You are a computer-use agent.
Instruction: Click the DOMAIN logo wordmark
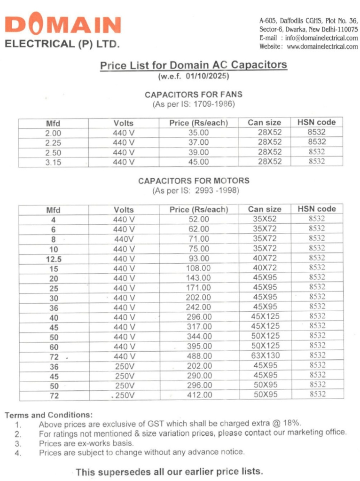[x=63, y=25]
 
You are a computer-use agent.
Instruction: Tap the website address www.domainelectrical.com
[x=322, y=47]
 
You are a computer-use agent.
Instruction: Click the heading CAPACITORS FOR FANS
[x=194, y=95]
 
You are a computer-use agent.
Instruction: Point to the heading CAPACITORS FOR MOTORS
[x=194, y=181]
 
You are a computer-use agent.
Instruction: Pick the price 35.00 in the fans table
[x=198, y=133]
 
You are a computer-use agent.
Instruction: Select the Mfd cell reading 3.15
[x=53, y=162]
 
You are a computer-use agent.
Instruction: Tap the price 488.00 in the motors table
[x=198, y=356]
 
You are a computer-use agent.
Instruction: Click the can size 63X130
[x=265, y=355]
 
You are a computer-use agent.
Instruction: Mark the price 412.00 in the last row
[x=198, y=395]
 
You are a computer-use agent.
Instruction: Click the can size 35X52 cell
[x=265, y=219]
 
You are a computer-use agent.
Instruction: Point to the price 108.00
[x=198, y=268]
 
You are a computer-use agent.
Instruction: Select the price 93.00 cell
[x=198, y=259]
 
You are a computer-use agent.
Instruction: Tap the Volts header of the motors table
[x=124, y=210]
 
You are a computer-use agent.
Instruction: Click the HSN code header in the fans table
[x=316, y=122]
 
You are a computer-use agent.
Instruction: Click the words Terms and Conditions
[x=48, y=415]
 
